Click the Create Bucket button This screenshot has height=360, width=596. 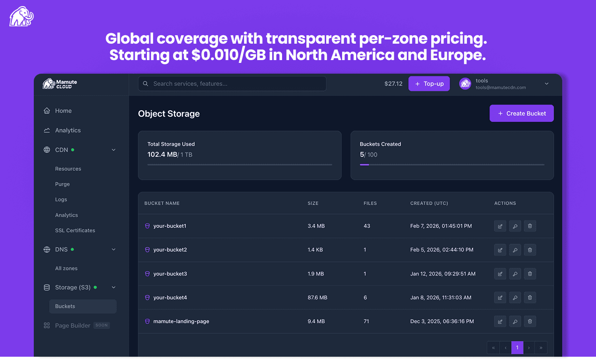pyautogui.click(x=521, y=114)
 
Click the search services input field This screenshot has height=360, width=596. pyautogui.click(x=232, y=84)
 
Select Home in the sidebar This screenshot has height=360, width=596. pyautogui.click(x=63, y=111)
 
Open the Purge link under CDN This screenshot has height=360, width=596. pyautogui.click(x=62, y=184)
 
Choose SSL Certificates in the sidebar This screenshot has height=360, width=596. pyautogui.click(x=75, y=230)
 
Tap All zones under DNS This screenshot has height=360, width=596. pyautogui.click(x=66, y=268)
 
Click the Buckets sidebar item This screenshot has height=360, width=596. pyautogui.click(x=65, y=306)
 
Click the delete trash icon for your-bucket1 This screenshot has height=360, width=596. pyautogui.click(x=530, y=226)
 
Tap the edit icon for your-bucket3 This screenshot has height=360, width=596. pyautogui.click(x=500, y=274)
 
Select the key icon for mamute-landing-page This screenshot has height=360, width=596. pyautogui.click(x=515, y=322)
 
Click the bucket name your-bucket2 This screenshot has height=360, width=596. pyautogui.click(x=170, y=250)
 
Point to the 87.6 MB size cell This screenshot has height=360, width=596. pyautogui.click(x=317, y=298)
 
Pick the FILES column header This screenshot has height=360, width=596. pyautogui.click(x=370, y=203)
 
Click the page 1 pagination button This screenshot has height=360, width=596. pyautogui.click(x=517, y=348)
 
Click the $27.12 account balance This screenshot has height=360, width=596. pyautogui.click(x=393, y=84)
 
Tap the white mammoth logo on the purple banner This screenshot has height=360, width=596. pyautogui.click(x=22, y=16)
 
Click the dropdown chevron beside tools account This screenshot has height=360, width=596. pyautogui.click(x=547, y=84)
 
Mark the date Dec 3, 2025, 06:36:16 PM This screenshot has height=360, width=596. pyautogui.click(x=442, y=322)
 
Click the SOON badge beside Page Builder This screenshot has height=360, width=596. pyautogui.click(x=101, y=325)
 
